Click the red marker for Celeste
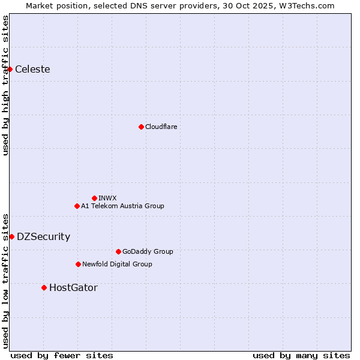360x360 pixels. click(x=10, y=70)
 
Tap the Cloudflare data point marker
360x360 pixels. click(x=141, y=127)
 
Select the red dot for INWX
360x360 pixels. click(x=94, y=198)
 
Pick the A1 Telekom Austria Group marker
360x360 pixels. click(x=77, y=206)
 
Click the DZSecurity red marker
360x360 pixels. click(x=11, y=236)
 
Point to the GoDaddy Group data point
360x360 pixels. click(x=118, y=251)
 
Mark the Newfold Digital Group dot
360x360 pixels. click(x=78, y=264)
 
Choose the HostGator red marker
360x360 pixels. click(x=44, y=287)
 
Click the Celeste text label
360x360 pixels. click(x=32, y=70)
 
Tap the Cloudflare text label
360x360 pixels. click(x=161, y=127)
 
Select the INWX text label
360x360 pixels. click(x=107, y=198)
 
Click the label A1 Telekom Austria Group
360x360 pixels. click(x=122, y=206)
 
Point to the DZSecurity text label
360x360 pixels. click(x=43, y=236)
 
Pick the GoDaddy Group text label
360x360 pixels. click(x=148, y=251)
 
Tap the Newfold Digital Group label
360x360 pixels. click(x=117, y=264)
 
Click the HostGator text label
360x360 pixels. click(x=73, y=287)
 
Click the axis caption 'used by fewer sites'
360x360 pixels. click(x=62, y=355)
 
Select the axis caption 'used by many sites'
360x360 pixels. click(x=301, y=355)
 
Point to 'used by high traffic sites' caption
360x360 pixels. click(x=6, y=85)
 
